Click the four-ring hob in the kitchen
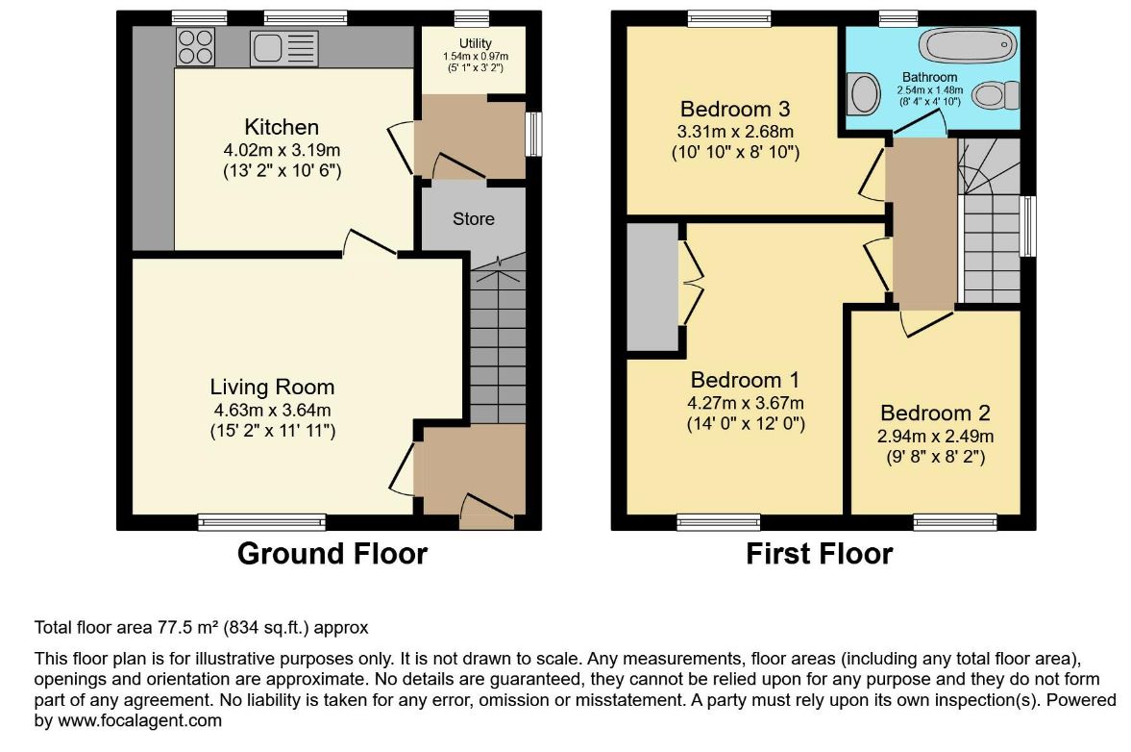click(195, 47)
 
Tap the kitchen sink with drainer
click(283, 48)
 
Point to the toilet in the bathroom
click(996, 95)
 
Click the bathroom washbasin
click(863, 94)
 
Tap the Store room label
click(473, 218)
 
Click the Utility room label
click(476, 43)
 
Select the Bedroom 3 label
click(735, 109)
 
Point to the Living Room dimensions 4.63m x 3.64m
click(273, 411)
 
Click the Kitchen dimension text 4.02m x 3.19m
click(282, 151)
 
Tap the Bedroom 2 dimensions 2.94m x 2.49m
click(936, 437)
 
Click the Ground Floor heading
click(332, 554)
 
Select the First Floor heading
click(820, 554)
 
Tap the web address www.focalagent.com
click(139, 720)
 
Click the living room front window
click(261, 522)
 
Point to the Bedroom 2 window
click(955, 522)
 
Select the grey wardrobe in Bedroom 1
click(652, 288)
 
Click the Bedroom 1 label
click(745, 380)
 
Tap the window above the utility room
click(472, 19)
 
